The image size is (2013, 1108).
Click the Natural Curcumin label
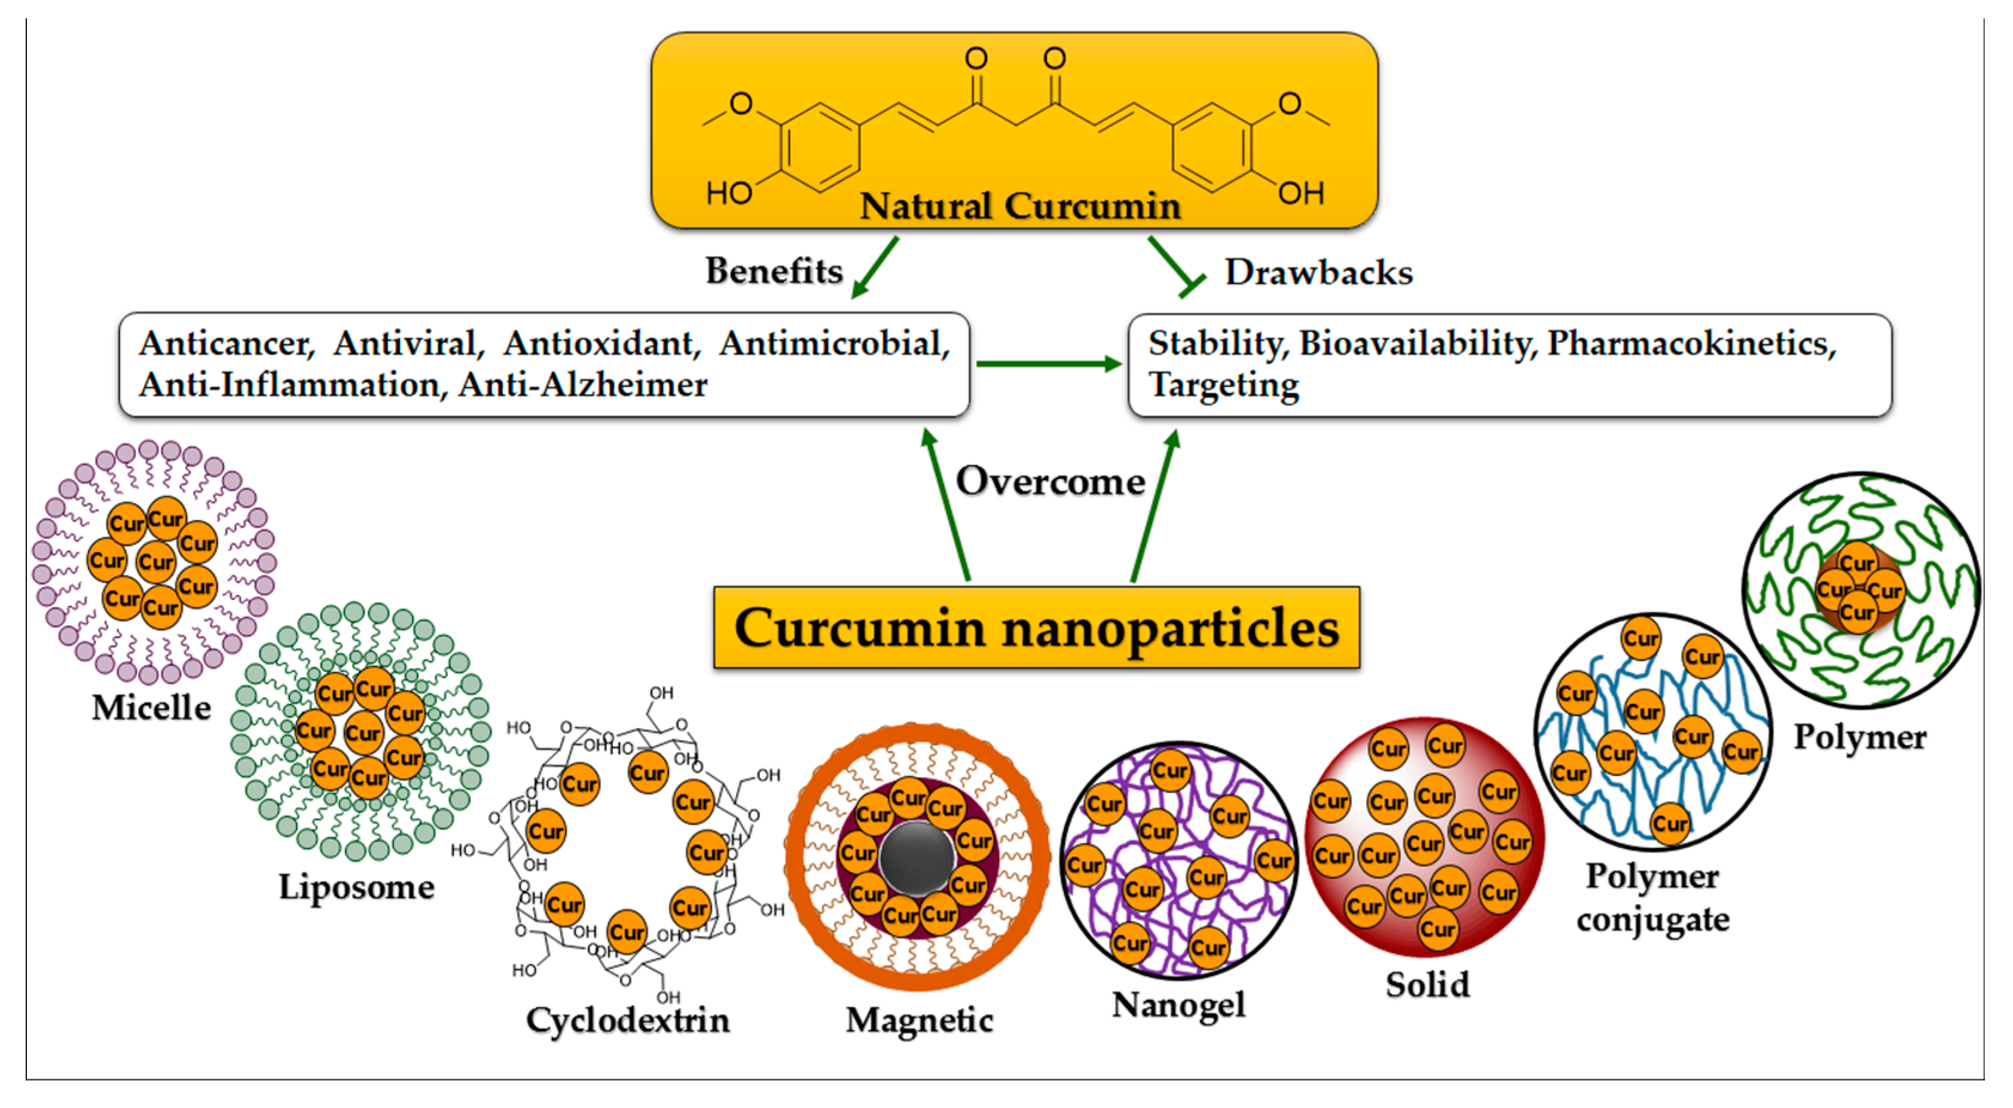[x=1020, y=206]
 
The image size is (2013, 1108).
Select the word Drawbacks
[x=1318, y=272]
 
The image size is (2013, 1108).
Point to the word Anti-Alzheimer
[x=583, y=385]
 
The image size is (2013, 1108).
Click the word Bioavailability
[x=1418, y=343]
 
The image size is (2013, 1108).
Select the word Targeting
[x=1224, y=385]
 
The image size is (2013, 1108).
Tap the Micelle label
[x=151, y=708]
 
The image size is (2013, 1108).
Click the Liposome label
[x=356, y=887]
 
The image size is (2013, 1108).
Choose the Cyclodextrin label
[x=628, y=1021]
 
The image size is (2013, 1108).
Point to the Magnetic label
[x=919, y=1021]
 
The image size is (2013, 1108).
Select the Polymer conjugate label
[x=1652, y=897]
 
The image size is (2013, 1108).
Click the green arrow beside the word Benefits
[x=875, y=267]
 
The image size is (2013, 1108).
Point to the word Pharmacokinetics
[x=1691, y=343]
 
